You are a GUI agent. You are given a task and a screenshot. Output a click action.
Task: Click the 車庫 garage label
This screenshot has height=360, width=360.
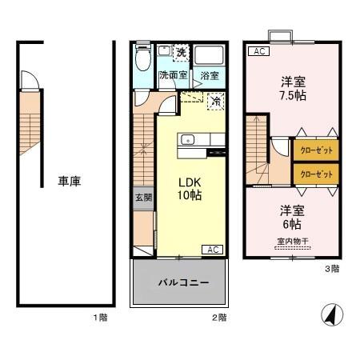click(70, 181)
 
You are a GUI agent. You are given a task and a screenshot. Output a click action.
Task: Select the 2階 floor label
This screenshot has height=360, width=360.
click(218, 318)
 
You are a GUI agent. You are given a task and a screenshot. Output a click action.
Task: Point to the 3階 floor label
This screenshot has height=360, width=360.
click(330, 269)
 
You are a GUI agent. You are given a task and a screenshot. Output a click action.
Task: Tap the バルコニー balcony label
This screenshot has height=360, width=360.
click(182, 283)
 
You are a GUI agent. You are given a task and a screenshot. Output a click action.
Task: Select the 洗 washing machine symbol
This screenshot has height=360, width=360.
click(181, 53)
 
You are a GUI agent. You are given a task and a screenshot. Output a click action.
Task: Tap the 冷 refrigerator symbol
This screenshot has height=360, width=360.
click(215, 101)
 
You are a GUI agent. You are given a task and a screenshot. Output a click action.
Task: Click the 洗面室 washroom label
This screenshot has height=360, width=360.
click(172, 76)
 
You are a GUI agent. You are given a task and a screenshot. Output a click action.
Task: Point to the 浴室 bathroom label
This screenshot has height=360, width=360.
click(210, 76)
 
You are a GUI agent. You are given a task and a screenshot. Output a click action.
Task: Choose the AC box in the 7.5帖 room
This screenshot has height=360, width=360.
click(258, 52)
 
